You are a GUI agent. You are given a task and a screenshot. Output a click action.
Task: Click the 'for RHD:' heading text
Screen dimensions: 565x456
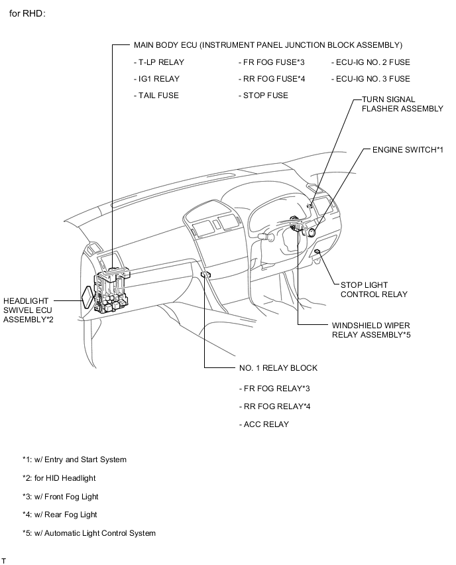coord(27,13)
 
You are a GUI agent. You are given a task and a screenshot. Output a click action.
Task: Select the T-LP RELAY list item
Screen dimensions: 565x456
coord(158,62)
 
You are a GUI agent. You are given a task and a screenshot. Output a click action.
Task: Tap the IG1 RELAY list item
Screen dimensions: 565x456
coord(156,79)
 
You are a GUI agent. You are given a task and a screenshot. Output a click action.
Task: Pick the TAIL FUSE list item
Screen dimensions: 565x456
coord(156,95)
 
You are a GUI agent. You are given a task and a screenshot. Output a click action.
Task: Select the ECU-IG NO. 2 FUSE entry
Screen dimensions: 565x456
coord(370,62)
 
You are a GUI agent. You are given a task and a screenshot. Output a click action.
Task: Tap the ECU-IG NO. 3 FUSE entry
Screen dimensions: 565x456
coord(370,79)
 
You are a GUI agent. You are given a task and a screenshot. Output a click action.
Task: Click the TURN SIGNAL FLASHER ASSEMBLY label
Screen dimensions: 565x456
coord(402,104)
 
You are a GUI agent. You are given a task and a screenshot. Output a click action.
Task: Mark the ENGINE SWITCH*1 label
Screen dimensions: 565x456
coord(407,150)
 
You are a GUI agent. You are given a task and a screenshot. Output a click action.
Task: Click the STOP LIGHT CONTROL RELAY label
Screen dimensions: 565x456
coord(374,290)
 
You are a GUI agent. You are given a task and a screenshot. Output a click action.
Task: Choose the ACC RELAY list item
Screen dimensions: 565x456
coord(264,424)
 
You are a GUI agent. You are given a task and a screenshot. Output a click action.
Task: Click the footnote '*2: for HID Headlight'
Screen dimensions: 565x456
coord(59,478)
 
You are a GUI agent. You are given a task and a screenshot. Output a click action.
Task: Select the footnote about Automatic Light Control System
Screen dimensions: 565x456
coord(89,533)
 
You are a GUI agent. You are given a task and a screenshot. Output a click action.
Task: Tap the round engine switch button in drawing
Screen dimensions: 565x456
coord(312,231)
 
